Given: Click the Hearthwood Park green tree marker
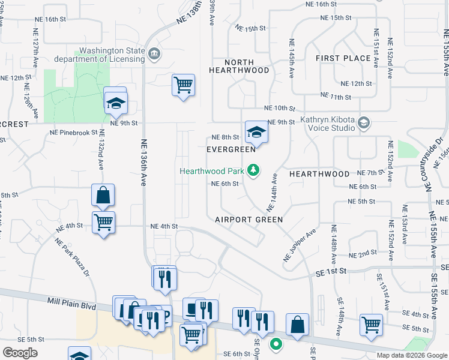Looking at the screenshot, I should (253, 171).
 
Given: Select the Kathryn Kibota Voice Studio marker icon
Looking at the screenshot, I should (363, 123).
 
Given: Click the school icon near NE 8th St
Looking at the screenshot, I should (256, 132).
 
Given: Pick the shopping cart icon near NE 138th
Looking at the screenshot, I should (183, 84).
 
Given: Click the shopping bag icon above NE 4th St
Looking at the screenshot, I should (103, 195).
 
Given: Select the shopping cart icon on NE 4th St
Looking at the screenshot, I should (104, 223).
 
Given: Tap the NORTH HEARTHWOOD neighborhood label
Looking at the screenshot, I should (239, 66).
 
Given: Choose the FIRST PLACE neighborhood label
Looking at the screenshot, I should (343, 58).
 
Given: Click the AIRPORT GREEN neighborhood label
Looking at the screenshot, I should (249, 220).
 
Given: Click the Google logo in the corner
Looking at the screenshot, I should (20, 352).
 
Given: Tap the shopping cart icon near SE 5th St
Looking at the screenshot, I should (372, 325).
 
